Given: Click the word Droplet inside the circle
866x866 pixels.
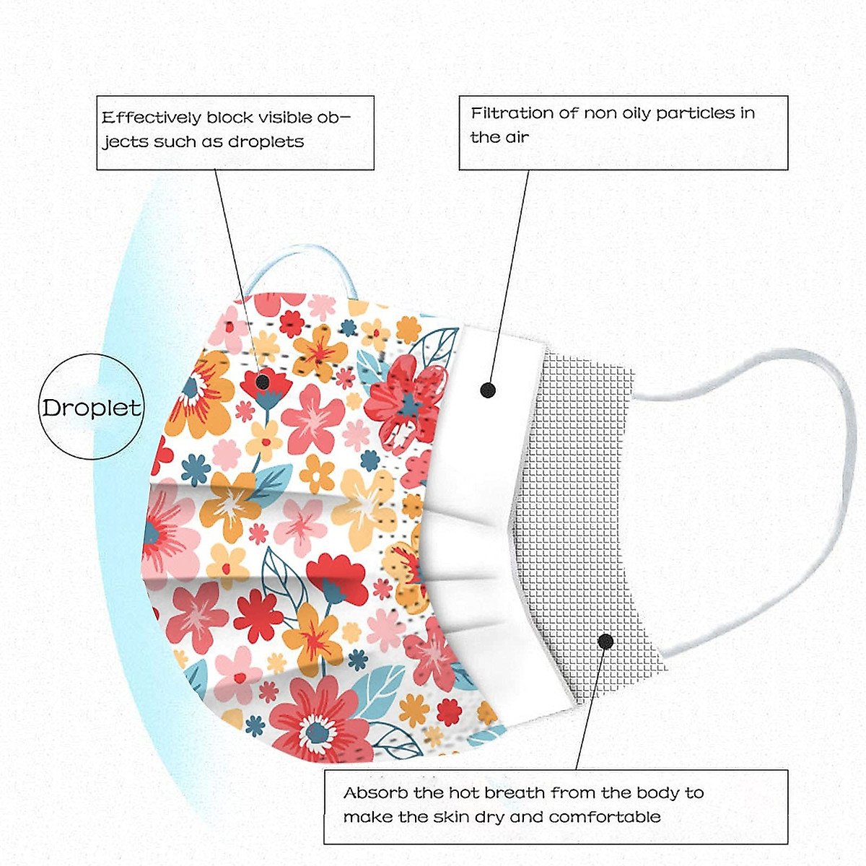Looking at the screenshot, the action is click(x=92, y=408).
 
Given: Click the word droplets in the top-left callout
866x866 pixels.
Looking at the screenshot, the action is click(x=266, y=142).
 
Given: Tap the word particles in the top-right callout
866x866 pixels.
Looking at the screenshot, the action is click(x=696, y=113).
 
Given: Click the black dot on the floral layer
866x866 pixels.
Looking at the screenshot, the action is click(x=263, y=381).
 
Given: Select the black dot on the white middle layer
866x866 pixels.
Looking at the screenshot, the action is click(x=489, y=390).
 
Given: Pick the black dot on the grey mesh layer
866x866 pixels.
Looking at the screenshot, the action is click(x=605, y=641).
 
